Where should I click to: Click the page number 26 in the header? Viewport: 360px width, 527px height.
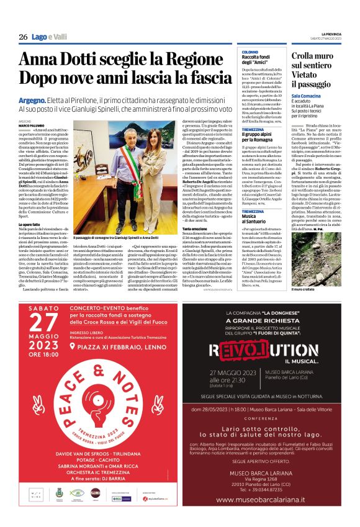point(23,37)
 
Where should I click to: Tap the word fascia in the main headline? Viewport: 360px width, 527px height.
point(209,79)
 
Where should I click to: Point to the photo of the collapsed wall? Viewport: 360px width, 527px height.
point(323,254)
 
